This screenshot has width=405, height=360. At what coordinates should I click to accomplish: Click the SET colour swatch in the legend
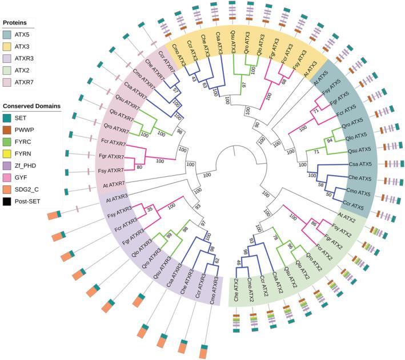[x=9, y=118]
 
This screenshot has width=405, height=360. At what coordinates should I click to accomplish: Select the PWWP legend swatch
[x=9, y=131]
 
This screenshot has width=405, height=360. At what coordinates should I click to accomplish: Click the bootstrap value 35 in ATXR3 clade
[x=150, y=211]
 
